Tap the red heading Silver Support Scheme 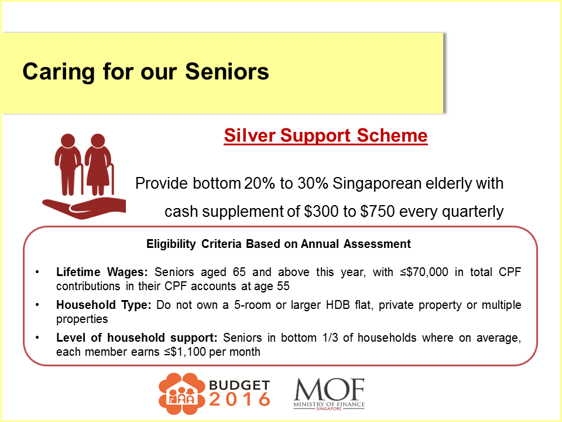(x=325, y=136)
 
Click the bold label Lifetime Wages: (x=103, y=273)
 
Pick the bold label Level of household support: (x=137, y=339)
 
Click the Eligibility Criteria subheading (x=279, y=244)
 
